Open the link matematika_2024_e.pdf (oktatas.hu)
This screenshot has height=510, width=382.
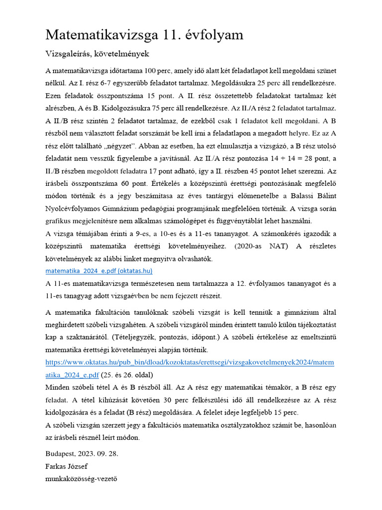point(98,271)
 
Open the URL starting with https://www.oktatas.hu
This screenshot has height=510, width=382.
point(190,363)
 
